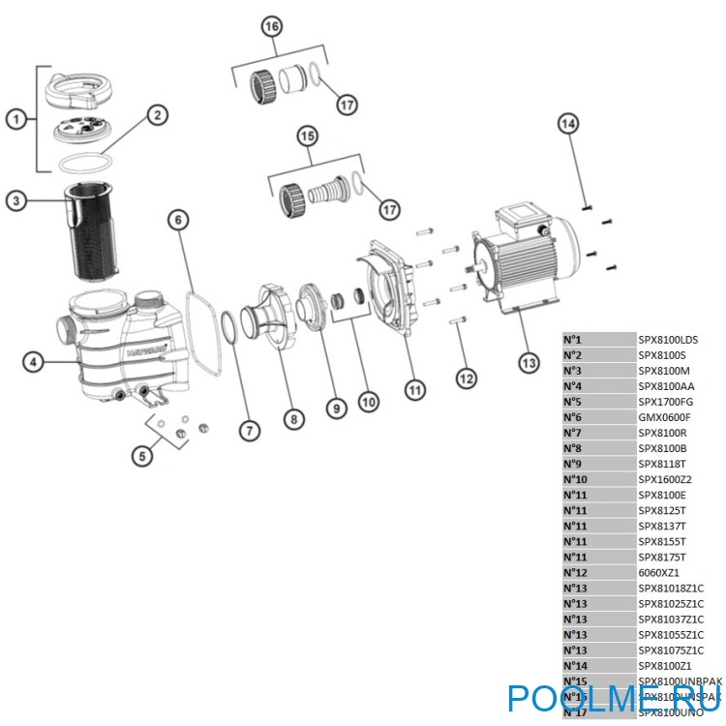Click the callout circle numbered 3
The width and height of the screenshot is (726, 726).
pos(15,201)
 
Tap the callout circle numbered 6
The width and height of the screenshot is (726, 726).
pos(178,221)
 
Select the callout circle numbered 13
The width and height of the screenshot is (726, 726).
pos(528,364)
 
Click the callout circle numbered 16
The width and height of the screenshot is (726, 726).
pos(272,26)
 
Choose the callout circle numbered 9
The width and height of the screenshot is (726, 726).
pos(335,408)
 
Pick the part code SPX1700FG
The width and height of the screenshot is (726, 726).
pos(665,402)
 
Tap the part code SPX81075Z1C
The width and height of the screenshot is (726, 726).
pos(670,650)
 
